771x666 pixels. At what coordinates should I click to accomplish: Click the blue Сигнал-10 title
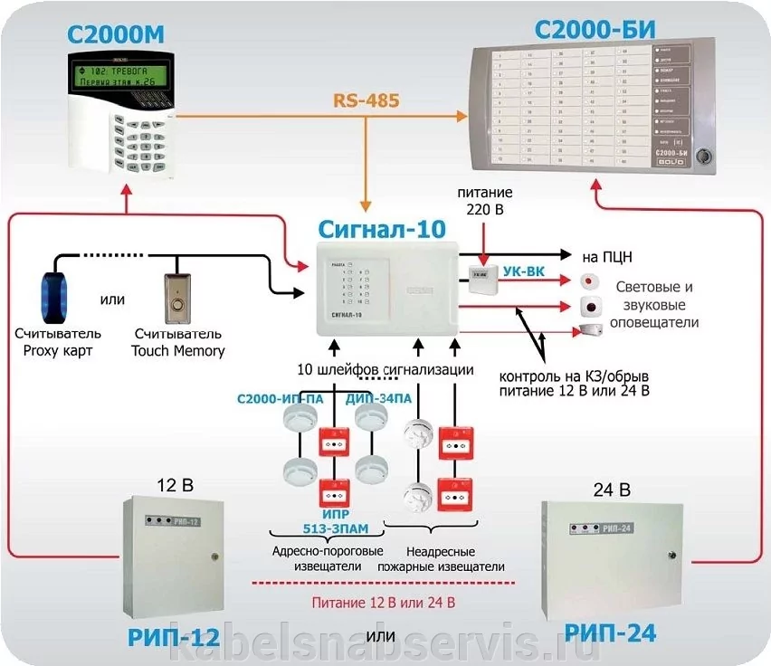click(383, 229)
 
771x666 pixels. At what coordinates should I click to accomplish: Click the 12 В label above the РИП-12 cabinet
click(176, 484)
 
